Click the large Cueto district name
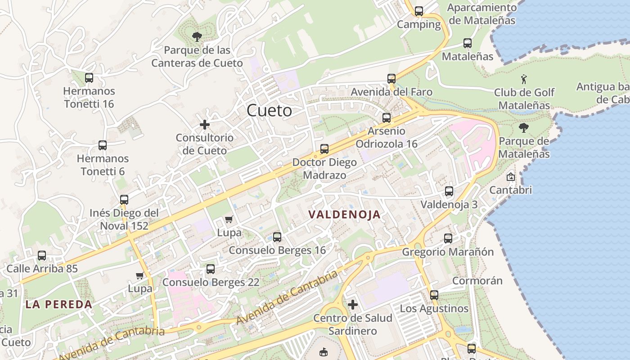pyautogui.click(x=269, y=110)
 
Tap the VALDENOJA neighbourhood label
pyautogui.click(x=345, y=215)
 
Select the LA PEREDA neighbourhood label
pyautogui.click(x=58, y=304)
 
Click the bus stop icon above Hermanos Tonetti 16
pyautogui.click(x=89, y=77)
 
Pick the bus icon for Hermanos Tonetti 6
pyautogui.click(x=103, y=145)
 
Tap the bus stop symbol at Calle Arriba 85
pyautogui.click(x=42, y=256)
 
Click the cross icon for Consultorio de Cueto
pyautogui.click(x=205, y=125)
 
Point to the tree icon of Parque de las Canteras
pyautogui.click(x=197, y=36)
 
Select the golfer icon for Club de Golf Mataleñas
pyautogui.click(x=524, y=80)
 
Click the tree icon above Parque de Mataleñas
pyautogui.click(x=523, y=128)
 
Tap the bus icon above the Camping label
pyautogui.click(x=419, y=11)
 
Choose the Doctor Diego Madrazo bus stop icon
pyautogui.click(x=324, y=149)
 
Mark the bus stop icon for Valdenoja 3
pyautogui.click(x=449, y=191)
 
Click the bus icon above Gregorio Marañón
pyautogui.click(x=448, y=238)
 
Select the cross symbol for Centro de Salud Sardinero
pyautogui.click(x=353, y=305)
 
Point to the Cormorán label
pyautogui.click(x=477, y=281)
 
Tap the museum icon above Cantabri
pyautogui.click(x=510, y=177)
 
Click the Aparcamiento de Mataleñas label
pyautogui.click(x=482, y=14)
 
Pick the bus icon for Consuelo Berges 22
pyautogui.click(x=211, y=269)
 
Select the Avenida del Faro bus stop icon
pyautogui.click(x=391, y=79)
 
